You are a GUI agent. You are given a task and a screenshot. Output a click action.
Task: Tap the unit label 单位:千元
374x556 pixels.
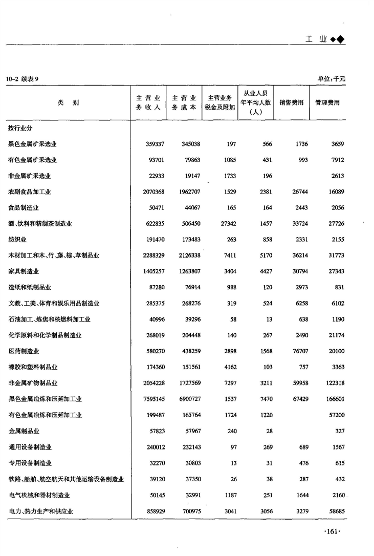[332, 79]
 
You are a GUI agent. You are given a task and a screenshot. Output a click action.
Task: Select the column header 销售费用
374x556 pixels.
[292, 102]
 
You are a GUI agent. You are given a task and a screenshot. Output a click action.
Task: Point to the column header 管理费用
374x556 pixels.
[327, 102]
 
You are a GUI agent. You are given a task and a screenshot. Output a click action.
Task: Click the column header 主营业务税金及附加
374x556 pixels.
[220, 102]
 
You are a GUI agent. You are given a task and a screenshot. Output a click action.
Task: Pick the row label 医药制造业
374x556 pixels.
[24, 351]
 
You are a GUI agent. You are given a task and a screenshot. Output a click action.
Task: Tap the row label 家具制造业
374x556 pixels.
[24, 271]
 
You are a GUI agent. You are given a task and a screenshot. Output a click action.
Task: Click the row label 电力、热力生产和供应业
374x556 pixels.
[41, 511]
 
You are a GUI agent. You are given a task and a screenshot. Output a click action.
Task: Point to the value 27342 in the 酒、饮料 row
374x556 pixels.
[225, 224]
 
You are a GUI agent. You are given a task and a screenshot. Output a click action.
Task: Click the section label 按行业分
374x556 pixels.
[20, 127]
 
